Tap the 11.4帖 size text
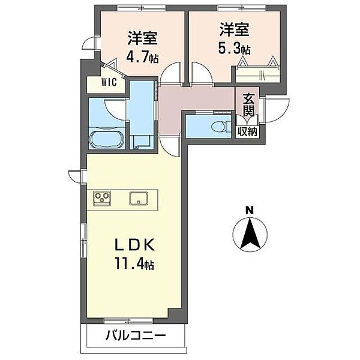(136, 264)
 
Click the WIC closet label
(109, 83)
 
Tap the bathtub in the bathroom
(107, 140)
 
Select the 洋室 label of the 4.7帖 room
(142, 37)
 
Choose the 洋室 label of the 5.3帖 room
(233, 29)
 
